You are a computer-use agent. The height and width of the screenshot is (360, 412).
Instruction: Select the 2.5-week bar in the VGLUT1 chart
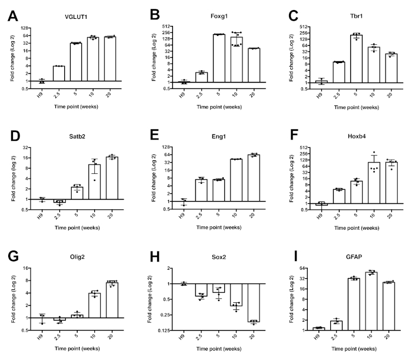click(x=58, y=74)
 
